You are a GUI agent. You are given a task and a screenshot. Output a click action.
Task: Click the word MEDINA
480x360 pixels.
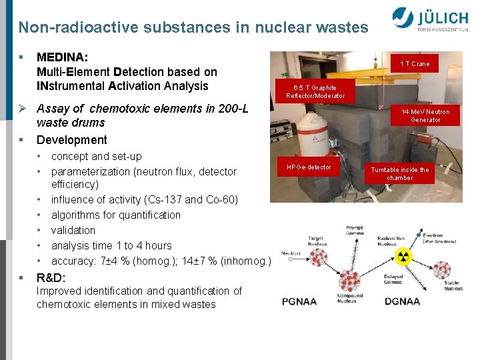[62, 58]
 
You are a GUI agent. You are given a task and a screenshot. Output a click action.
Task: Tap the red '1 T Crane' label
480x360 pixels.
[415, 64]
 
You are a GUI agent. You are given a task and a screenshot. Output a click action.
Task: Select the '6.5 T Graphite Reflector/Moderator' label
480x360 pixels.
[315, 92]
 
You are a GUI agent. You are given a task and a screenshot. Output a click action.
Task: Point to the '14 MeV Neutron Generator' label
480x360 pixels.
[425, 116]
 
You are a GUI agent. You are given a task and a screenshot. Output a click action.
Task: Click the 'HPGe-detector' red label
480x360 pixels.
[309, 167]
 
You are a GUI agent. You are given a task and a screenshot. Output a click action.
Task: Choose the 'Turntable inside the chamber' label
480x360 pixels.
[400, 174]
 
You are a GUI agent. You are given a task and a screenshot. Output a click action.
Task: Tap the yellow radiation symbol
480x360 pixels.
[403, 258]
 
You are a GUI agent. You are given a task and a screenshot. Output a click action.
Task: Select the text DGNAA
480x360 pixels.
[402, 301]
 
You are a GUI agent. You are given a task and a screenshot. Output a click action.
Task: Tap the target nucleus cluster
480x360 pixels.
[317, 256]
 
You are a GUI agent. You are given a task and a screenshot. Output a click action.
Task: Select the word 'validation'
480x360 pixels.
[73, 230]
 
